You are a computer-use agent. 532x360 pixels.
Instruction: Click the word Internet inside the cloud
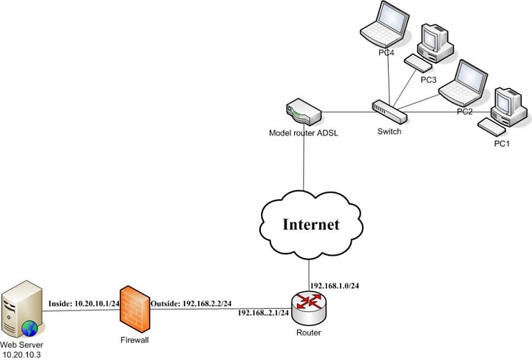tap(311, 225)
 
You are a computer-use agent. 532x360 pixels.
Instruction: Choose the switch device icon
tap(389, 112)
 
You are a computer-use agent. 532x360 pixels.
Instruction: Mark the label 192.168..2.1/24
tap(263, 313)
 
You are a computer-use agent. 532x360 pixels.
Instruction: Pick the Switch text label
tap(389, 132)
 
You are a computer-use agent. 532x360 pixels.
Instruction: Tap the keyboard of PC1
tap(491, 125)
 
